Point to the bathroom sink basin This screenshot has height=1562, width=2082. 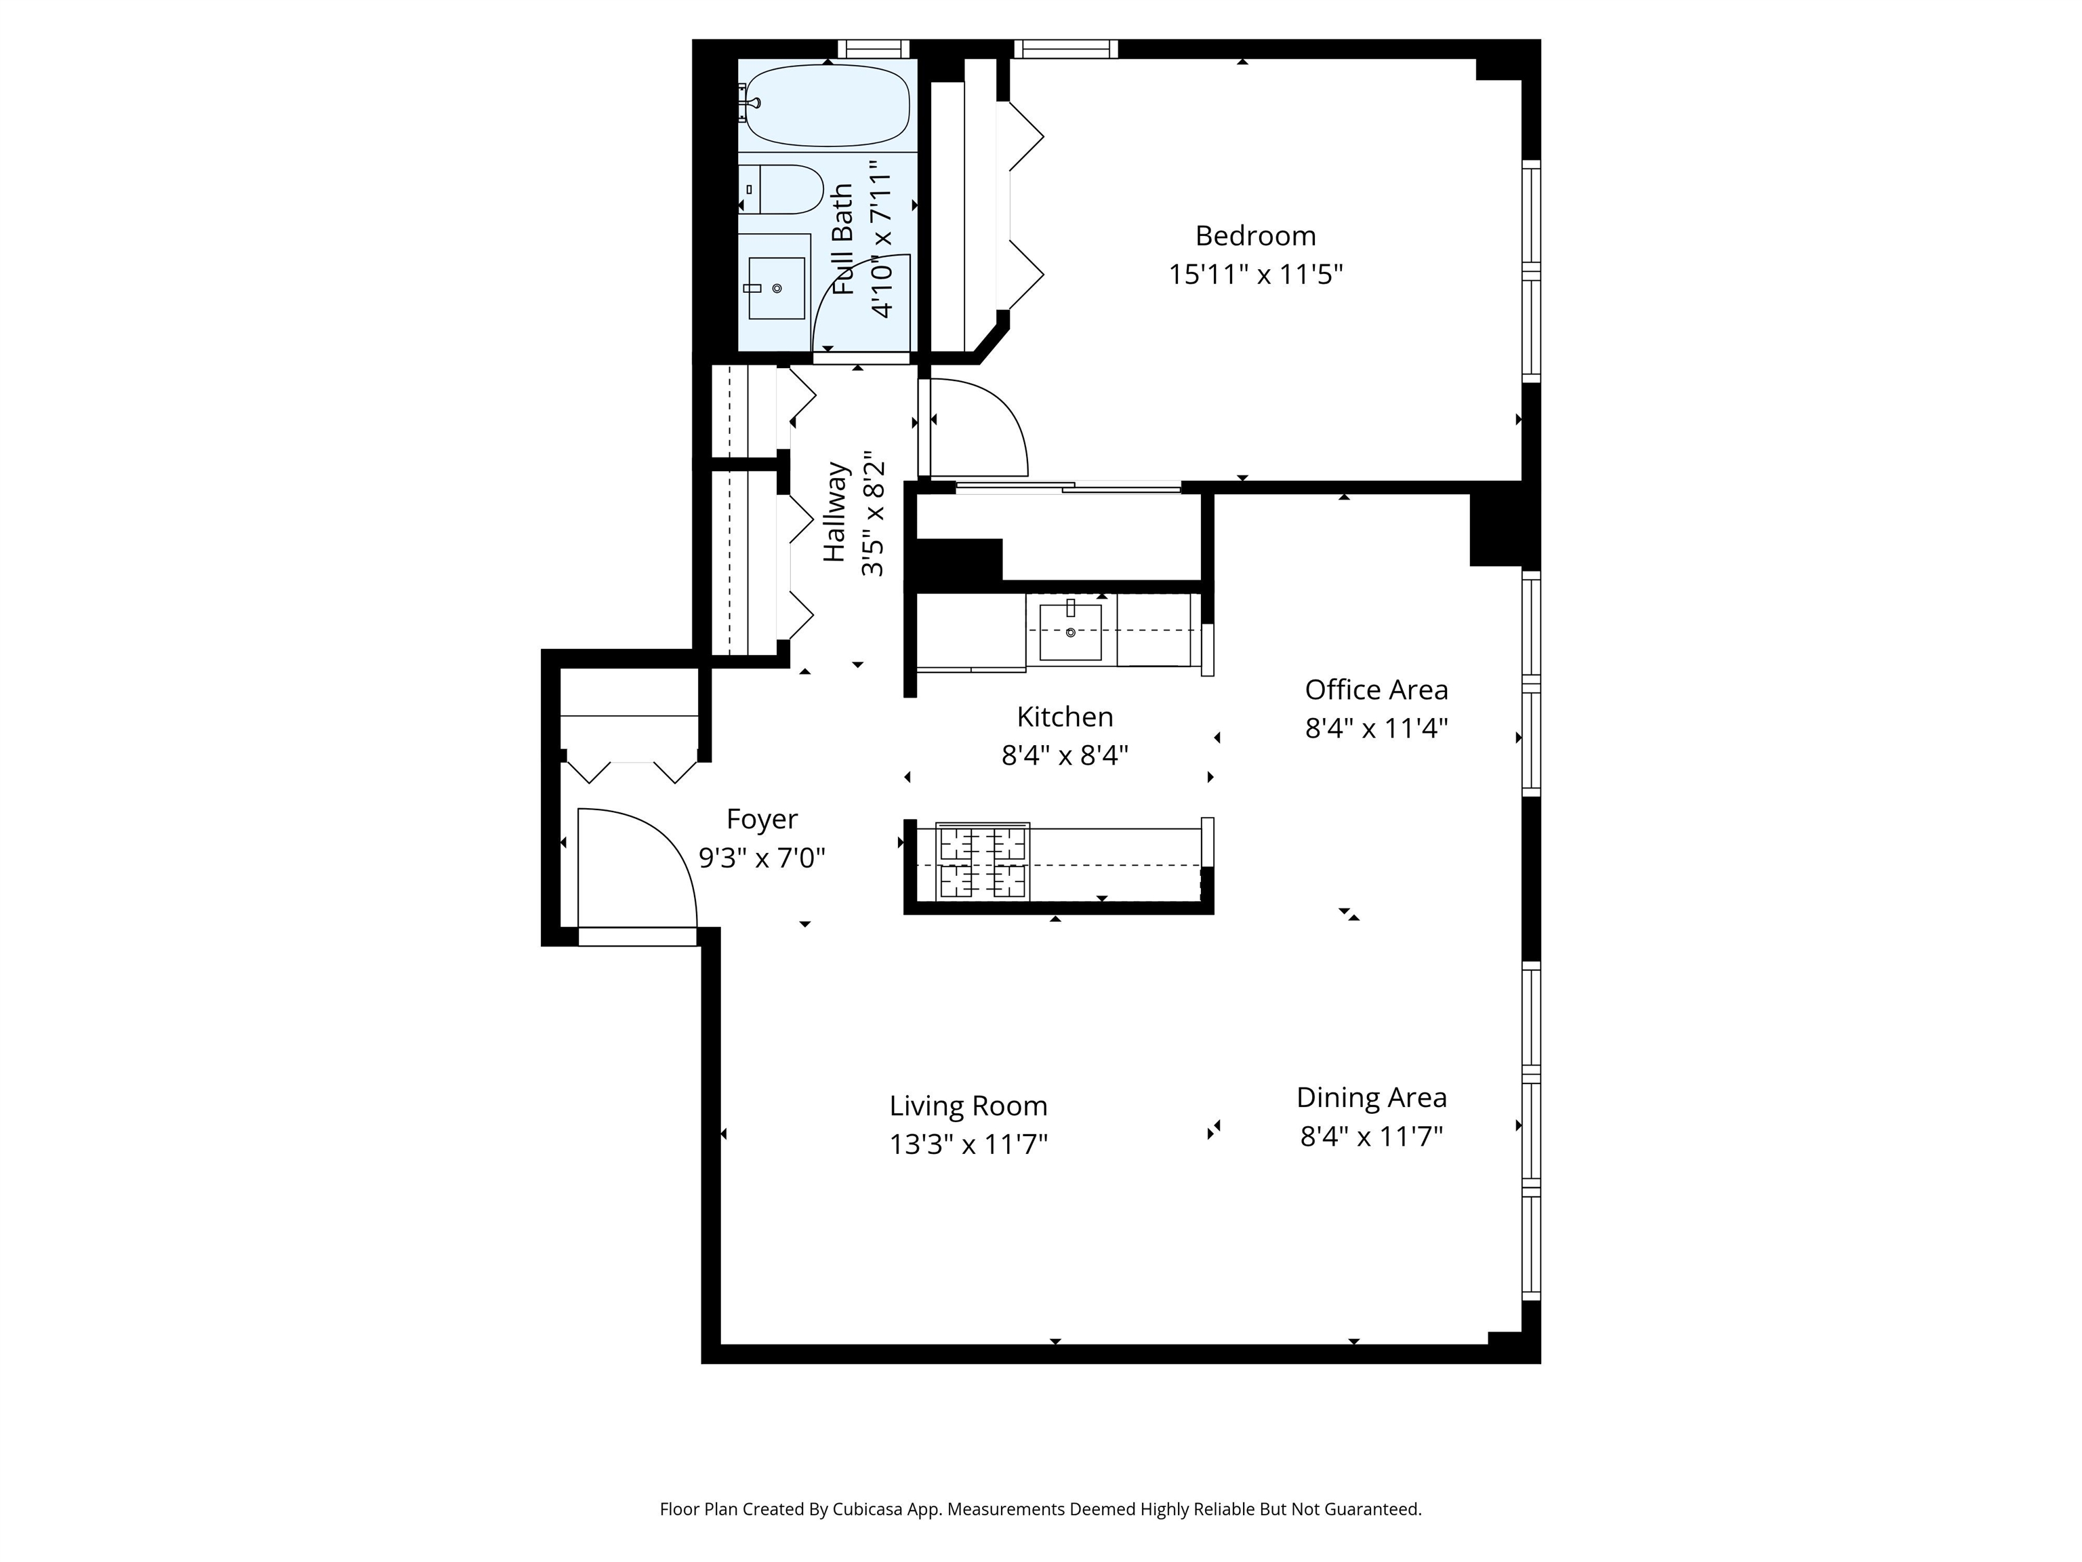tap(777, 288)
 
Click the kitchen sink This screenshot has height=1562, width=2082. tap(1070, 632)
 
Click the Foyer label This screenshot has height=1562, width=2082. tap(762, 819)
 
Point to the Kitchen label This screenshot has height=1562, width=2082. tap(1065, 717)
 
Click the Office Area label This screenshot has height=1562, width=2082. tap(1376, 690)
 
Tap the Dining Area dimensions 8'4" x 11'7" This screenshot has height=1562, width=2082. tap(1371, 1136)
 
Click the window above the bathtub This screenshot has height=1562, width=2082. tap(874, 48)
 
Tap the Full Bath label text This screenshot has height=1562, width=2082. tap(843, 239)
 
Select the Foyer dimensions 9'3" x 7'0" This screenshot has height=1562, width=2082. tap(762, 858)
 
